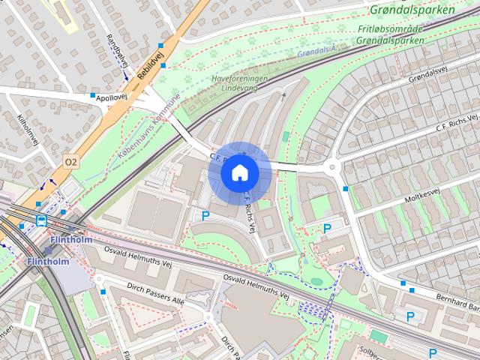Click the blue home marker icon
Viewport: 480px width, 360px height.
[240, 172]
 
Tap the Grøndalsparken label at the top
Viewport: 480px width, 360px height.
[412, 11]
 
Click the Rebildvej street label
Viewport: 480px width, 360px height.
[149, 62]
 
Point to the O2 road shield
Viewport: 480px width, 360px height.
[70, 161]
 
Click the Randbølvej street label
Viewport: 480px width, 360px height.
[118, 51]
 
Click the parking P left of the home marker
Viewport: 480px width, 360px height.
[205, 216]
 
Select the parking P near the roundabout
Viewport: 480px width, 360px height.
[327, 228]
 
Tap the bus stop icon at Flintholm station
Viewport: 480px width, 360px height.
[40, 220]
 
